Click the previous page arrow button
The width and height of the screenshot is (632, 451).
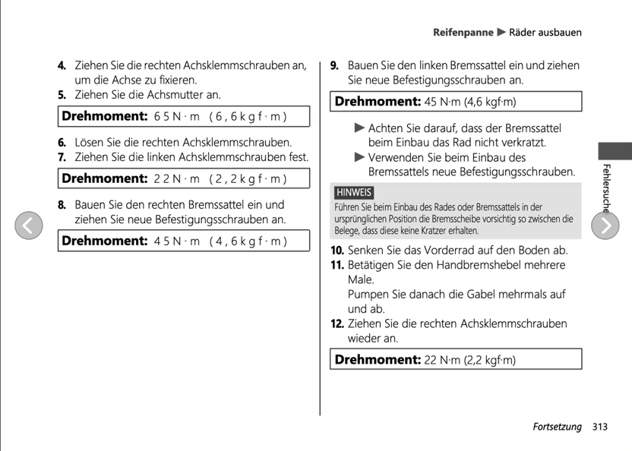click(27, 225)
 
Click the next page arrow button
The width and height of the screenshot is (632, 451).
click(605, 225)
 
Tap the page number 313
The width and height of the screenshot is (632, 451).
click(600, 427)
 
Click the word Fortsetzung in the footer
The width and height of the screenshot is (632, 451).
click(557, 427)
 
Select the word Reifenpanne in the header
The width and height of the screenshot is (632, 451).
click(463, 33)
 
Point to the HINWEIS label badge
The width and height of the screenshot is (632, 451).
click(354, 192)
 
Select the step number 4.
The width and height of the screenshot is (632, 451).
click(62, 66)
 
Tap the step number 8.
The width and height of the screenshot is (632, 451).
click(62, 205)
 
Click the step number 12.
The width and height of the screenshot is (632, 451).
click(337, 323)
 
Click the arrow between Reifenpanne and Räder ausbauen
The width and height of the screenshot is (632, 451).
click(501, 33)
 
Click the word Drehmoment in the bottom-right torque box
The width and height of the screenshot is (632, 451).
click(376, 358)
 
